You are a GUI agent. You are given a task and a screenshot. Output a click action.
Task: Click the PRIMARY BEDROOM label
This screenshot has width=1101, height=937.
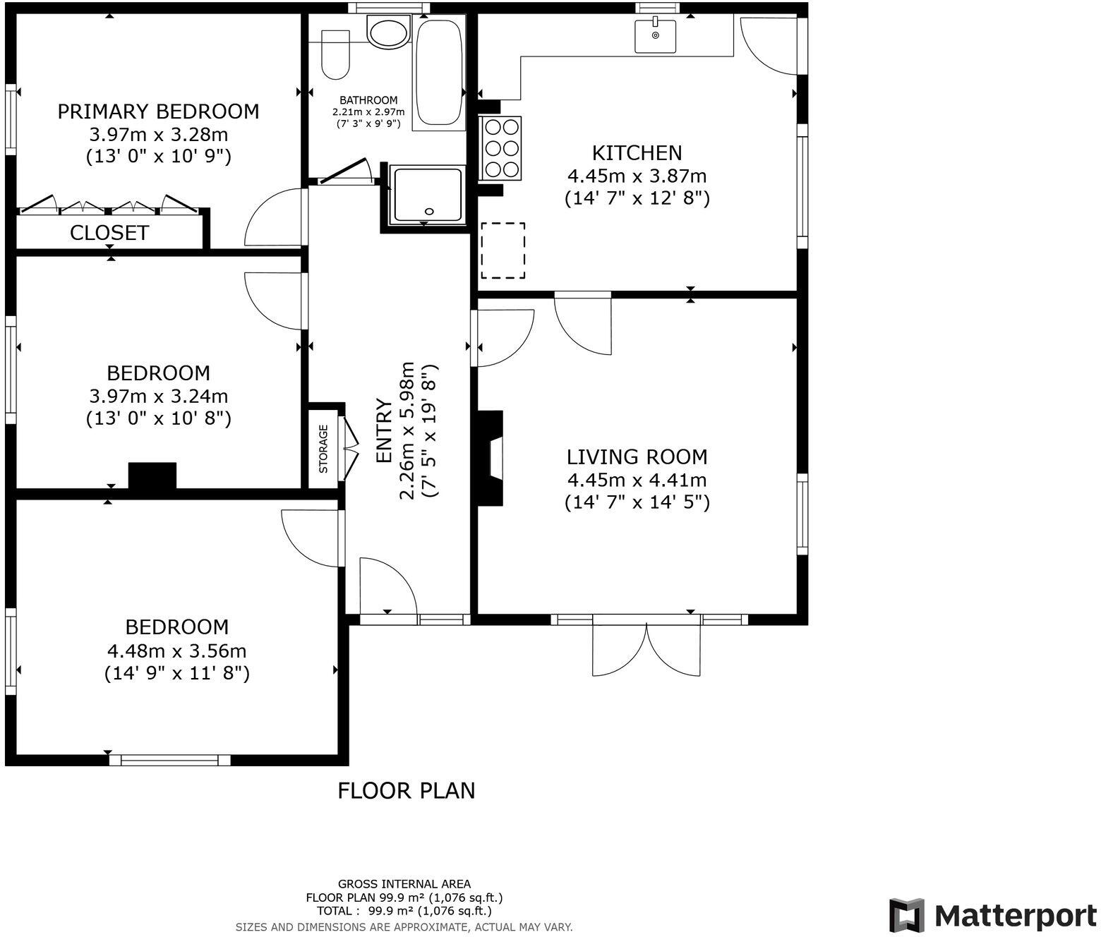[x=158, y=111]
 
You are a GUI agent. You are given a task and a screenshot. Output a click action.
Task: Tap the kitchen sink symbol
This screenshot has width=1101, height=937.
[x=655, y=36]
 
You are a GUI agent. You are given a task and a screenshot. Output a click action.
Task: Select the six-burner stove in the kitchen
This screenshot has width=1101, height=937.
[x=500, y=147]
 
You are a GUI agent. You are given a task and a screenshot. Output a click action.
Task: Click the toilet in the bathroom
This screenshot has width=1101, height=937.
[x=336, y=55]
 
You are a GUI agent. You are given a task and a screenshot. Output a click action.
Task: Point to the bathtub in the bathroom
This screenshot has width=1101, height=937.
[x=439, y=71]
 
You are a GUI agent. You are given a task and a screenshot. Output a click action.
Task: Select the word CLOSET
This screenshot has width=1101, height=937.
[x=109, y=233]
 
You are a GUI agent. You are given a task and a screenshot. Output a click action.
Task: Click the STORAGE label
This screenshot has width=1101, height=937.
[x=324, y=448]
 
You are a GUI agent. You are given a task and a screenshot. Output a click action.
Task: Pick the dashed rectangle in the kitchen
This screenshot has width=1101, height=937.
[x=503, y=250]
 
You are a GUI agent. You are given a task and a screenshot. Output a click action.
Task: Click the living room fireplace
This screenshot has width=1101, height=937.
[x=493, y=459]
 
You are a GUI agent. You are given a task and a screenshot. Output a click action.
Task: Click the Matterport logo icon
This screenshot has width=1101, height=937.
[x=907, y=916]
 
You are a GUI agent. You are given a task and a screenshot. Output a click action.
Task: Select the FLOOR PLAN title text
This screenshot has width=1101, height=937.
[x=406, y=791]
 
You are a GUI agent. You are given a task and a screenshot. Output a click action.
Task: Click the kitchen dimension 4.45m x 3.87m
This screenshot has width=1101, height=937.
[x=637, y=176]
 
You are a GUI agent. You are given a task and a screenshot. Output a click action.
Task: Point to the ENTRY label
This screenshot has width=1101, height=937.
[x=384, y=431]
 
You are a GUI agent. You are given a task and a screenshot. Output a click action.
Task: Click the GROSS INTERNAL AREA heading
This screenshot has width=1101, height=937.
[x=404, y=883]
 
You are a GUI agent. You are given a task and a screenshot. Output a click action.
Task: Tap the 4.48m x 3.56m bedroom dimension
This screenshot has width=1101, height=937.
[x=176, y=651]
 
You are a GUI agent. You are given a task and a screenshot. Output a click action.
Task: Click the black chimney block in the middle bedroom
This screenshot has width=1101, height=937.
[x=152, y=475]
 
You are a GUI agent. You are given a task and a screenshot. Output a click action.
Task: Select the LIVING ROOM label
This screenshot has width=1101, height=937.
[x=637, y=457]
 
